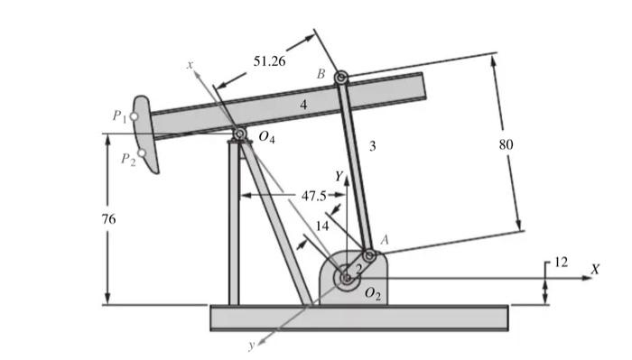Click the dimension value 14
coord(321,226)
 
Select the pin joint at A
coord(368,254)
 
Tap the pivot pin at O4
coord(240,135)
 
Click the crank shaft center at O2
coord(347,279)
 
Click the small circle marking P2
coord(141,153)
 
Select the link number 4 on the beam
coord(303,106)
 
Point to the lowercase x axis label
coord(191,64)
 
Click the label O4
coord(265,137)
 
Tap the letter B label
coord(321,72)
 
